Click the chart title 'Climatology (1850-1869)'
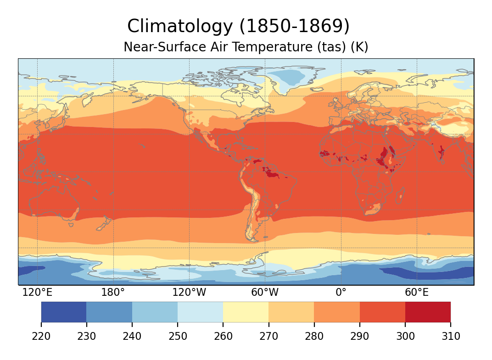point(238,27)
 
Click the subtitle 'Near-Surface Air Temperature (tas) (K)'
point(246,47)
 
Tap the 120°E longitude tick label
point(37,293)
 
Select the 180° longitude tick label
point(113,293)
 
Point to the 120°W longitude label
point(189,293)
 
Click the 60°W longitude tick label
point(265,293)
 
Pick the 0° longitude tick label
point(341,293)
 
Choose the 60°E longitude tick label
point(417,293)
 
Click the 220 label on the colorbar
point(41,337)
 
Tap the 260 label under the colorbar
point(223,337)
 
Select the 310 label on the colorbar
point(451,337)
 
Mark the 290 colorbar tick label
point(360,337)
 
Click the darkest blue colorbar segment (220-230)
point(64,312)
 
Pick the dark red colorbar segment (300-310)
point(428,312)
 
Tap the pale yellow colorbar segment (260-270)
point(246,312)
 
